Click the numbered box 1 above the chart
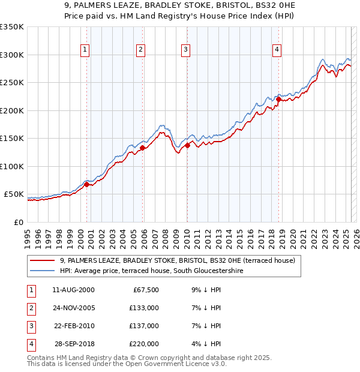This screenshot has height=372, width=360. click(x=85, y=50)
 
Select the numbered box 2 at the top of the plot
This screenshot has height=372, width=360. click(x=140, y=50)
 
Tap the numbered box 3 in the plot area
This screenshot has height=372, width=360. click(x=186, y=50)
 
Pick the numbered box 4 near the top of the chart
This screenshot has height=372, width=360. click(x=277, y=50)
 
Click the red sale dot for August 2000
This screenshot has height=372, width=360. click(x=86, y=185)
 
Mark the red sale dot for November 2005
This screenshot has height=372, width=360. click(x=142, y=148)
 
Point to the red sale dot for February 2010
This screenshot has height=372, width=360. click(x=187, y=145)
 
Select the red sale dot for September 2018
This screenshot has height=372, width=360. click(x=278, y=100)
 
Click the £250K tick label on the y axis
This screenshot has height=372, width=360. click(x=12, y=83)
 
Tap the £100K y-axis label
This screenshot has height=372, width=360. click(x=12, y=166)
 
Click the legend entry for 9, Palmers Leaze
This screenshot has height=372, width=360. click(x=177, y=261)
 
